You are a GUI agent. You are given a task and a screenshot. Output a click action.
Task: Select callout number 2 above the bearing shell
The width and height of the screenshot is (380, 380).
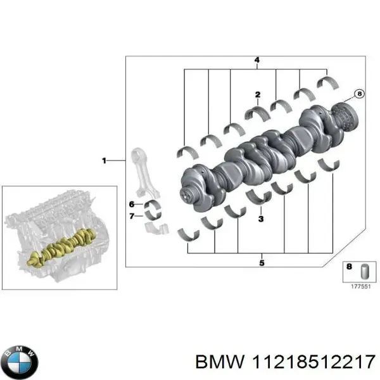(x=258, y=96)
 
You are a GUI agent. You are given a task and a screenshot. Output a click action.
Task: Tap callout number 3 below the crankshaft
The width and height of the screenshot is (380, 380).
(x=260, y=219)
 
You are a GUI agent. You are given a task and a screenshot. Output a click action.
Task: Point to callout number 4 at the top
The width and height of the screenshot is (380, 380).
(x=257, y=61)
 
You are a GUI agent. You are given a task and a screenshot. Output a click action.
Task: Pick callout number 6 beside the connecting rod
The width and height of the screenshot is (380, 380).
(x=131, y=204)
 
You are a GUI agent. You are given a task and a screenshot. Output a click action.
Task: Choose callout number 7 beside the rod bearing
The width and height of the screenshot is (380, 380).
(x=131, y=216)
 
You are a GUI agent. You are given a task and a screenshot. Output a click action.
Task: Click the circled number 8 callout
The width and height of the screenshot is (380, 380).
(x=359, y=94)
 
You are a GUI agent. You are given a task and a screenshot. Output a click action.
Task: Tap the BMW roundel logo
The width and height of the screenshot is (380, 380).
(x=20, y=362)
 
